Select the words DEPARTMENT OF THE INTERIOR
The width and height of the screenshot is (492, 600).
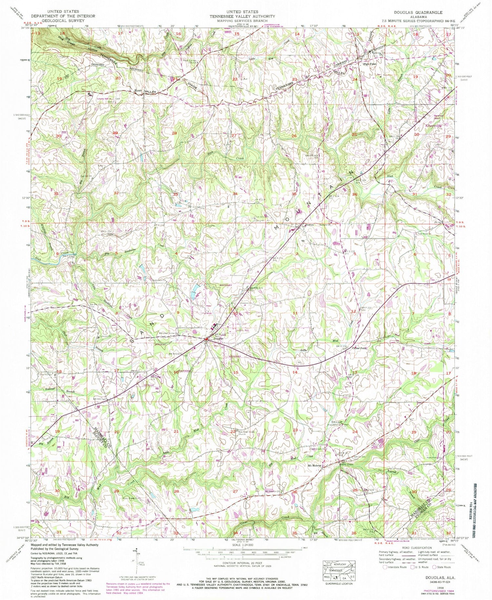[63, 16]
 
